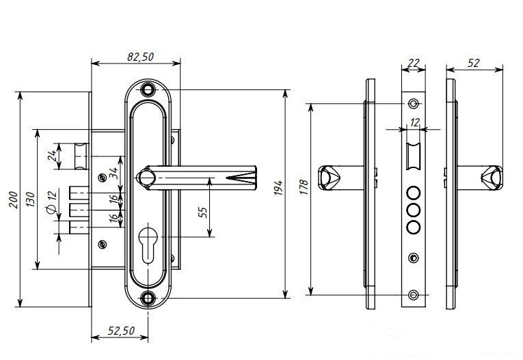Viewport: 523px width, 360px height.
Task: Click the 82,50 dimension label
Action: pos(140,57)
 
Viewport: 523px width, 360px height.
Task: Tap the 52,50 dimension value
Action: pos(121,331)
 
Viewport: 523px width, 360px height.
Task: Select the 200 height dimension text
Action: pos(13,199)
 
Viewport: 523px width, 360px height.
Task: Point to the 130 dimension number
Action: pos(30,199)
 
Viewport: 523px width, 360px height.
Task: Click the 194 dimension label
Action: pos(278,188)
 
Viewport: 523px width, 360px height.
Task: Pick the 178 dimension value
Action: pos(304,188)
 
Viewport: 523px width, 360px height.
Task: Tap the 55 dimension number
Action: pos(202,212)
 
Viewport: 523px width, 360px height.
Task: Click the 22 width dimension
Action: pos(413,63)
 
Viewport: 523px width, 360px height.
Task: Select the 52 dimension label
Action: pos(473,63)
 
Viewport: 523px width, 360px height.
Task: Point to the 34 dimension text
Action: pos(113,172)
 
